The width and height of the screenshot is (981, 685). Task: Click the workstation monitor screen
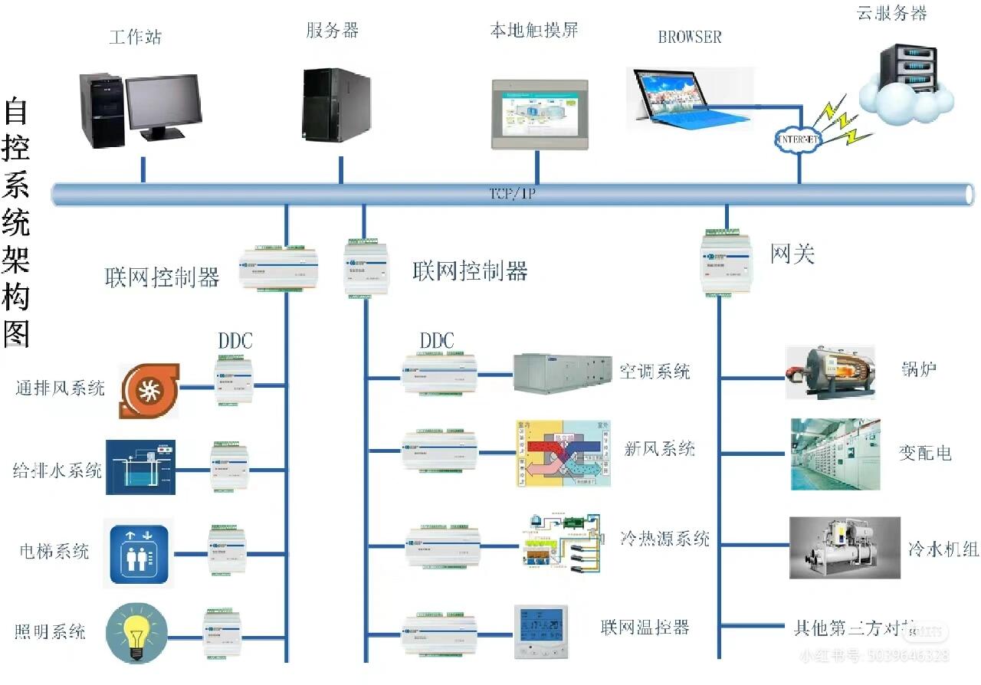(162, 102)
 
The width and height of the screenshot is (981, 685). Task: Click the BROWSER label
(689, 37)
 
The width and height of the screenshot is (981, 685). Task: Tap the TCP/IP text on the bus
(512, 194)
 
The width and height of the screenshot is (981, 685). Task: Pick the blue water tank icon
(140, 467)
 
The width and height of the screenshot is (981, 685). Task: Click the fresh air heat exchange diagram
(563, 453)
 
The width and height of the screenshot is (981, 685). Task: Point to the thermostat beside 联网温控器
(542, 632)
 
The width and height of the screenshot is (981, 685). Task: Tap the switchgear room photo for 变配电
(835, 454)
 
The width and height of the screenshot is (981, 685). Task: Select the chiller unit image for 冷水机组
(845, 547)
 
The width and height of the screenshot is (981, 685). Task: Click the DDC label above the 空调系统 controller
(437, 341)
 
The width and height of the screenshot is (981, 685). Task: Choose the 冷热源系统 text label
(664, 538)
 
